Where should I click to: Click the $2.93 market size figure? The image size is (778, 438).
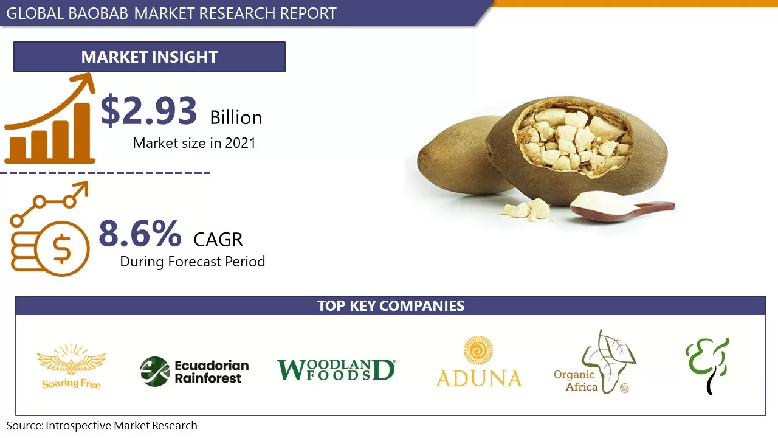[149, 111]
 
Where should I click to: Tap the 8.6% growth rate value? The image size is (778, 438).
[140, 233]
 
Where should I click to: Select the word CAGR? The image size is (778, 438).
[218, 240]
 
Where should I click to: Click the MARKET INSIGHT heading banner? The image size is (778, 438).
[150, 57]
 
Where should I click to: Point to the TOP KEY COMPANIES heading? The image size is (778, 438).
[390, 305]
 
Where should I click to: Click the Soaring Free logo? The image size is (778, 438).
[71, 366]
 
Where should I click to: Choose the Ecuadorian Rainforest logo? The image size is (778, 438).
[194, 372]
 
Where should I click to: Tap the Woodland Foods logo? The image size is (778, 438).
[336, 370]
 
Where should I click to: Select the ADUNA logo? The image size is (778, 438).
[479, 363]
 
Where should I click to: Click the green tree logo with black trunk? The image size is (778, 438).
[707, 365]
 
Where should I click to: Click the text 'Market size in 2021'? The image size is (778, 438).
[194, 143]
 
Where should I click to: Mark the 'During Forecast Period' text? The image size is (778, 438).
[192, 262]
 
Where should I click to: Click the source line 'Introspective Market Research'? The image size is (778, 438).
[102, 426]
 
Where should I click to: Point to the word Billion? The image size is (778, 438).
[236, 117]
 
